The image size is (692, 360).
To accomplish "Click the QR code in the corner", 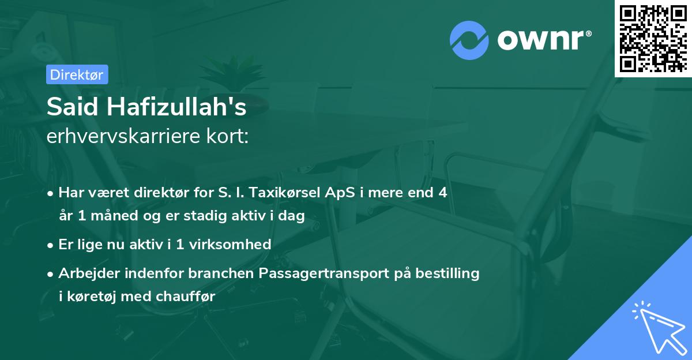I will [x=653, y=38].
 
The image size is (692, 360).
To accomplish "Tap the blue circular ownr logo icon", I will [x=470, y=40].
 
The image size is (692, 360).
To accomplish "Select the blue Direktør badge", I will [x=77, y=74].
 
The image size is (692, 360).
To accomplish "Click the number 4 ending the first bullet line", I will [x=442, y=192].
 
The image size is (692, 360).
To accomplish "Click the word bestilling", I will [x=448, y=273].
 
